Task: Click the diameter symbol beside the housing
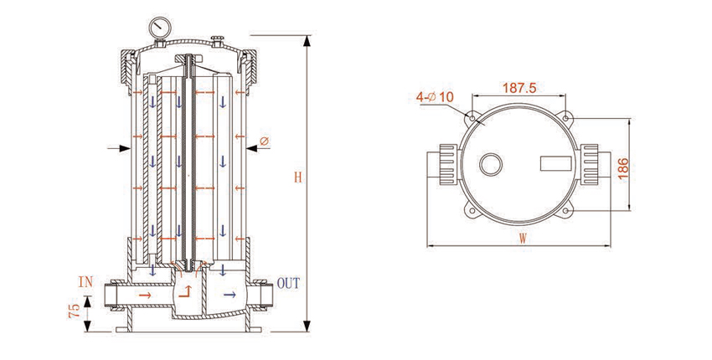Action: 264,142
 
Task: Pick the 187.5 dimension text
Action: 519,87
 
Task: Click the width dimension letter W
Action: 523,238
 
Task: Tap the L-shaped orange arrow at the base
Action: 187,292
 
